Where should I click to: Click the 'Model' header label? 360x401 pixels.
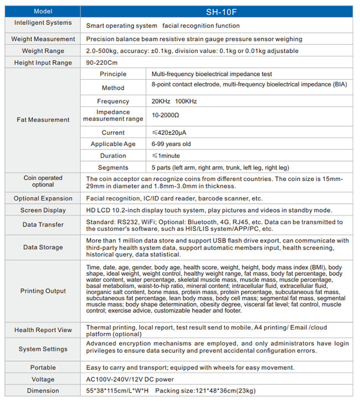point(43,11)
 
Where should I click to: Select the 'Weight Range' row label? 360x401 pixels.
point(43,51)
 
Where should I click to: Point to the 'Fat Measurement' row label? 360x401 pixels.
point(43,120)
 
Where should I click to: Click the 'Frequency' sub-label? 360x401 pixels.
point(113,101)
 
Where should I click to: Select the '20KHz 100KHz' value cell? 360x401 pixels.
point(174,101)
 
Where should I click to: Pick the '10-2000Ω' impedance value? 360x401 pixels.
point(166,116)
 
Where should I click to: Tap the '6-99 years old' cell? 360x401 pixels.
point(172,144)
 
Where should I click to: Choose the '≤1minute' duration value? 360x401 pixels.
point(166,156)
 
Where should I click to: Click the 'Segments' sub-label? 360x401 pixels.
point(113,167)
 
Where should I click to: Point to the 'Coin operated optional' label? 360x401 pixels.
point(43,181)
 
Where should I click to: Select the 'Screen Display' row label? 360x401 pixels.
point(43,210)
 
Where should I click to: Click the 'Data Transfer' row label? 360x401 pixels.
point(43,225)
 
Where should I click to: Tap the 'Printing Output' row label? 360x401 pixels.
point(43,291)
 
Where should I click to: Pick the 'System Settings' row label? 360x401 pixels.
point(43,349)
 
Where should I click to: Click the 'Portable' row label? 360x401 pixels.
point(43,368)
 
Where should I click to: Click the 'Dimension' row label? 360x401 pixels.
point(43,391)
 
